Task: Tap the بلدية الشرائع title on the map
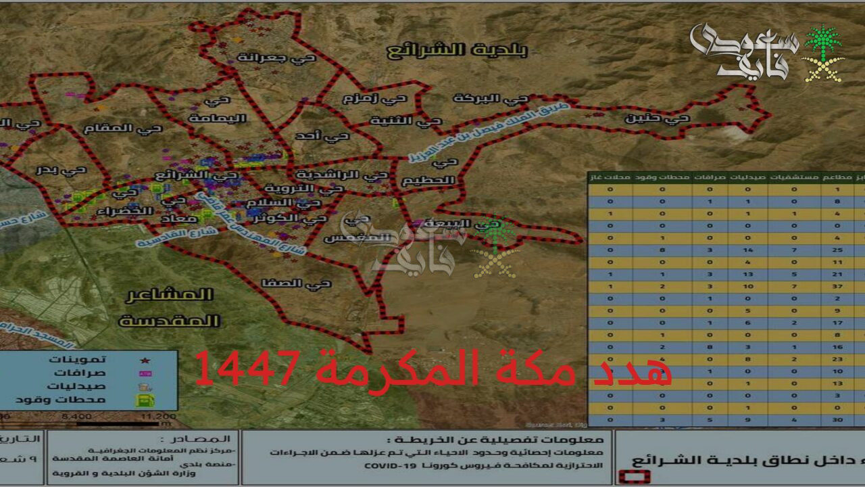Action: point(458,49)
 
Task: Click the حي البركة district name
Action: point(490,99)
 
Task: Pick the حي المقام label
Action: point(123,128)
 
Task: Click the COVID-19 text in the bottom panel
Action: point(391,466)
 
